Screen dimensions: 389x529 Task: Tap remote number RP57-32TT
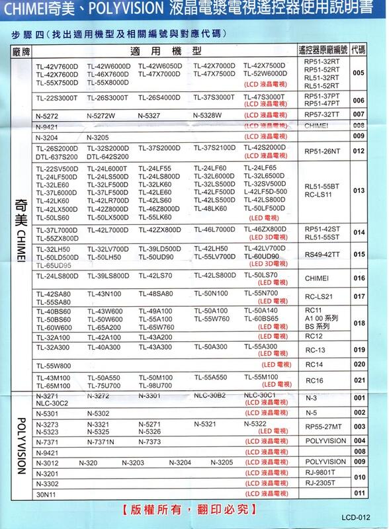(x=322, y=114)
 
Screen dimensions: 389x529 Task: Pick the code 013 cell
(x=359, y=190)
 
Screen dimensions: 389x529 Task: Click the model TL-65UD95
(x=53, y=264)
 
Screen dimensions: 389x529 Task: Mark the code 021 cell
(x=359, y=382)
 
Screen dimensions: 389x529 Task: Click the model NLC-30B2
(x=210, y=395)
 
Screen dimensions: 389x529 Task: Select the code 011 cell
(x=359, y=493)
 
